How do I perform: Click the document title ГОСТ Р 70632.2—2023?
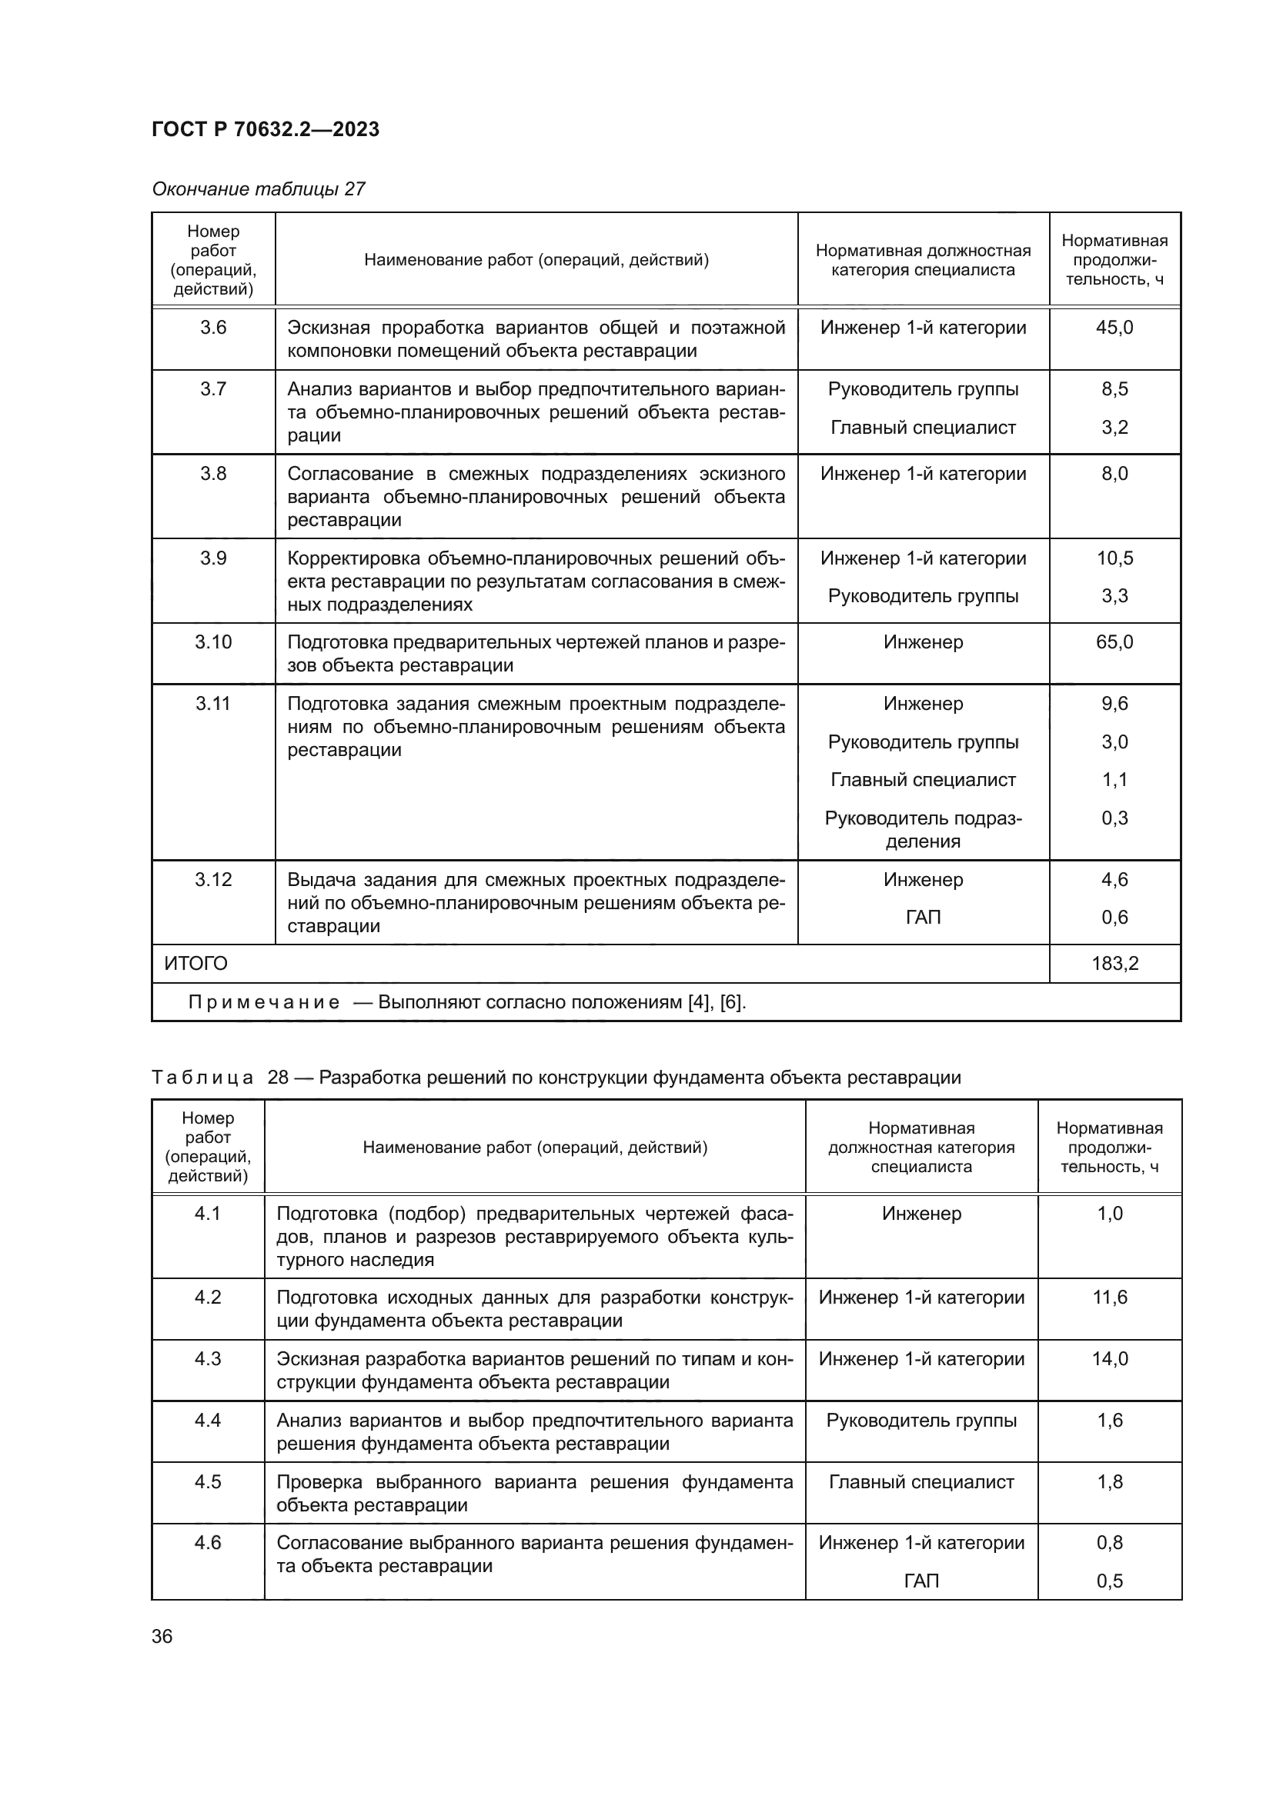[x=265, y=129]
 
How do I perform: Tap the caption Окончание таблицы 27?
[x=258, y=189]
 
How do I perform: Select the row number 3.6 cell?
[x=213, y=328]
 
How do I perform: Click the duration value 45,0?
[x=1114, y=328]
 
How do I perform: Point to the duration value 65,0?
[x=1114, y=641]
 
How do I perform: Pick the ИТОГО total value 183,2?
[x=1114, y=963]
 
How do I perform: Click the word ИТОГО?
[x=195, y=963]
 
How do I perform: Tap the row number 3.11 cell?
[x=213, y=704]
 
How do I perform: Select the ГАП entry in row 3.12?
[x=923, y=917]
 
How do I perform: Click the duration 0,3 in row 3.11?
[x=1114, y=818]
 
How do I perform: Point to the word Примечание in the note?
[x=264, y=1002]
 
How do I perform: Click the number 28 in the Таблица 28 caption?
[x=279, y=1078]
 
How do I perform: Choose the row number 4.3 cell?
[x=208, y=1358]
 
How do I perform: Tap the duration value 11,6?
[x=1109, y=1297]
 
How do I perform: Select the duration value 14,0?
[x=1109, y=1358]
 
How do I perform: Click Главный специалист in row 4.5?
[x=921, y=1481]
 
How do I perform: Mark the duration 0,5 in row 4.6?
[x=1109, y=1581]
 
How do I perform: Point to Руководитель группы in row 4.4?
[x=921, y=1421]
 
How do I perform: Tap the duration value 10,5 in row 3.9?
[x=1114, y=558]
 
